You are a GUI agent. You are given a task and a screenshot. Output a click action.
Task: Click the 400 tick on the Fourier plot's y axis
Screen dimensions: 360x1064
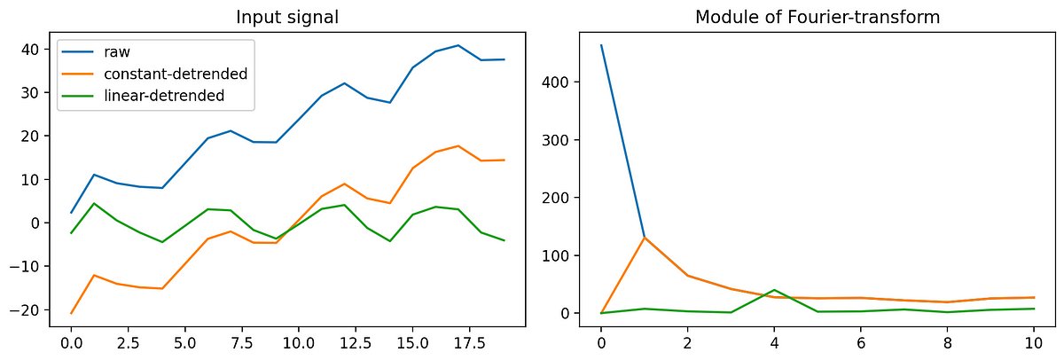pos(556,82)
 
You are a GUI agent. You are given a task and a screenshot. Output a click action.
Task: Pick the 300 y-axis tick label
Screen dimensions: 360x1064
pos(556,140)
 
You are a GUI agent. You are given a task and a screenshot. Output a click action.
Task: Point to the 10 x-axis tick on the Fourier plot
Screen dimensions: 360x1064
pos(1035,341)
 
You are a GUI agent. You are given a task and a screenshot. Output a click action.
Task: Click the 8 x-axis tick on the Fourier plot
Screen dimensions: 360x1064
pos(948,341)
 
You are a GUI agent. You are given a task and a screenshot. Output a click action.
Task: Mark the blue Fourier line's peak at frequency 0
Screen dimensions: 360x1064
pos(601,45)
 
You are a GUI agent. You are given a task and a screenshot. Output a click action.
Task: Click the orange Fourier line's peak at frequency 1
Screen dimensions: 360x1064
pos(645,238)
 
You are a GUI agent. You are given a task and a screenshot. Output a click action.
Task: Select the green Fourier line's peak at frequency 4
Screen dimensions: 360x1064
pos(775,290)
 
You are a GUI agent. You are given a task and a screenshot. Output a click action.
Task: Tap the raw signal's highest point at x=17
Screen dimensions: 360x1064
pos(458,45)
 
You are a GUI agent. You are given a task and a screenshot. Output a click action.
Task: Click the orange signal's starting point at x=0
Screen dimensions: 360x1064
pos(71,313)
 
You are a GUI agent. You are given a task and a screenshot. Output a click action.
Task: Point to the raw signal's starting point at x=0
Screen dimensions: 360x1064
pos(71,213)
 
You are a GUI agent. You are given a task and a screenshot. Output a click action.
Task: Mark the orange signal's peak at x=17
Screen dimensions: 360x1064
pos(458,146)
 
